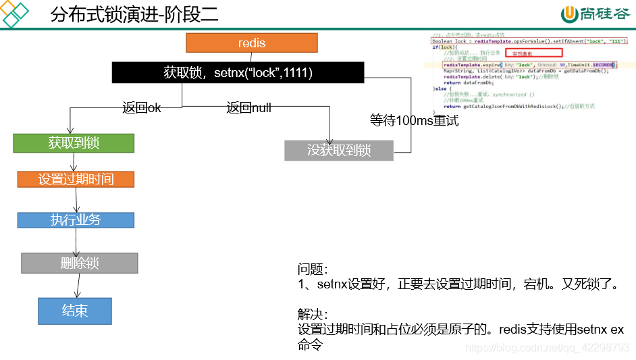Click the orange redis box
coord(252,43)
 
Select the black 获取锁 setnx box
coord(238,73)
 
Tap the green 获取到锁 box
coord(74,143)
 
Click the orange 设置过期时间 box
coord(76,179)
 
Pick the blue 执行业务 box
coord(76,220)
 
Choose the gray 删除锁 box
coord(80,263)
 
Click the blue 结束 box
coord(75,311)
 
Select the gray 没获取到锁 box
coord(339,150)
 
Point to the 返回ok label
coord(142,107)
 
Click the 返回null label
coord(248,107)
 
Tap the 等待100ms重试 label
coord(414,121)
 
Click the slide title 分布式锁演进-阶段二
coord(134,15)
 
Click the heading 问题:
coord(312,268)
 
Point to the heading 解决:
coord(312,315)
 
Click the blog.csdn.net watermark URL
coord(548,347)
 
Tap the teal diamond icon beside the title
coord(15,14)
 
